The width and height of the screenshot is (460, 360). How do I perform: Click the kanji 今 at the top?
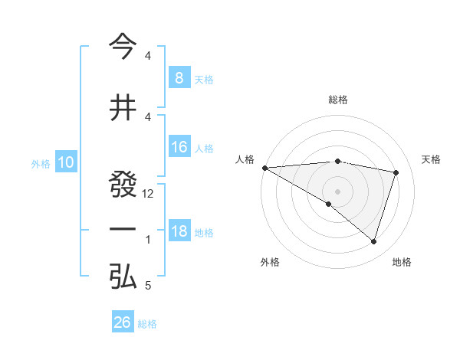123,47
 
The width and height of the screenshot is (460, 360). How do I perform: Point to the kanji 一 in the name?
123,230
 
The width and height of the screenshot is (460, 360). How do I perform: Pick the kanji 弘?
123,276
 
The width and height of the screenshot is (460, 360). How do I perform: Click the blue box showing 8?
179,77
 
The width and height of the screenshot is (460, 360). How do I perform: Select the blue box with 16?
179,147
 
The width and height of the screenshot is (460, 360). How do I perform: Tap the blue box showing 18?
179,231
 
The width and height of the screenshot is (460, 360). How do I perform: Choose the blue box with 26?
123,322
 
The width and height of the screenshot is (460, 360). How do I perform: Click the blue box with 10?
65,162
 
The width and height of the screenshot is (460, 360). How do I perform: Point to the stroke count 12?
149,194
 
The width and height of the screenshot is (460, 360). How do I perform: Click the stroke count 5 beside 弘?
148,286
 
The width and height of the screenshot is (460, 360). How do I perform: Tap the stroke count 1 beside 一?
148,240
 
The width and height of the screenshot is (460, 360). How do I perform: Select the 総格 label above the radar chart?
338,100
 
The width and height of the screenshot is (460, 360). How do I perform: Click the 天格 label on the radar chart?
432,159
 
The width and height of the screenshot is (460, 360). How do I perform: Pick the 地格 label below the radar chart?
402,262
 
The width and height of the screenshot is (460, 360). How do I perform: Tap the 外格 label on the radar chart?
270,262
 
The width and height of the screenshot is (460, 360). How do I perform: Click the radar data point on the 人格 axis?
264,168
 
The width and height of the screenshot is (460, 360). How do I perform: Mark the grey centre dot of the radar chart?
337,190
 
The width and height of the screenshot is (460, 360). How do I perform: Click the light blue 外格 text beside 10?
41,163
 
